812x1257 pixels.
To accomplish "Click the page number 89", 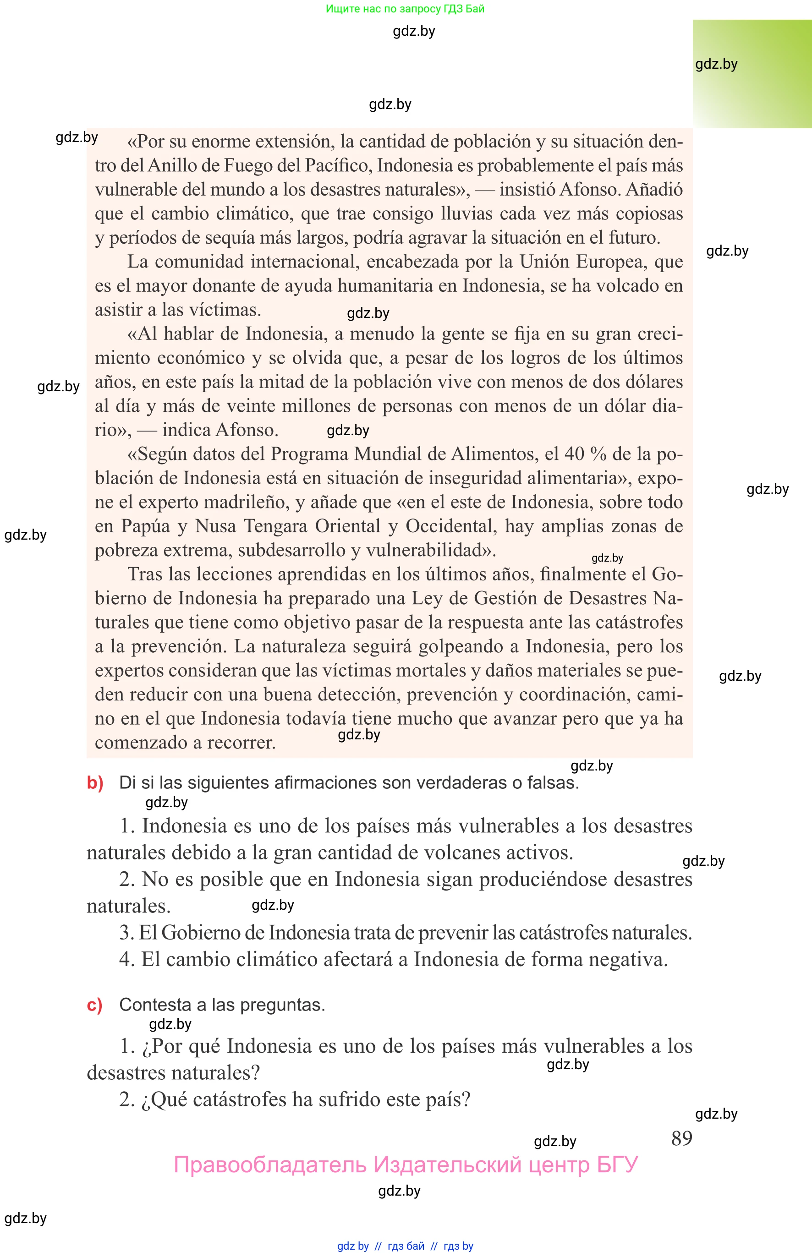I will tap(681, 1138).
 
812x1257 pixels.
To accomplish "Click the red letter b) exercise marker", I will tap(95, 783).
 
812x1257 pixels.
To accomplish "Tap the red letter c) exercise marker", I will tap(94, 1005).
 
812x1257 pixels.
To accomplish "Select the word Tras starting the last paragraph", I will tap(145, 574).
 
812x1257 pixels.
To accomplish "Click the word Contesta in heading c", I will tap(155, 1005).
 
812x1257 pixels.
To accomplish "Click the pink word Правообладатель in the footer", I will tap(269, 1165).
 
